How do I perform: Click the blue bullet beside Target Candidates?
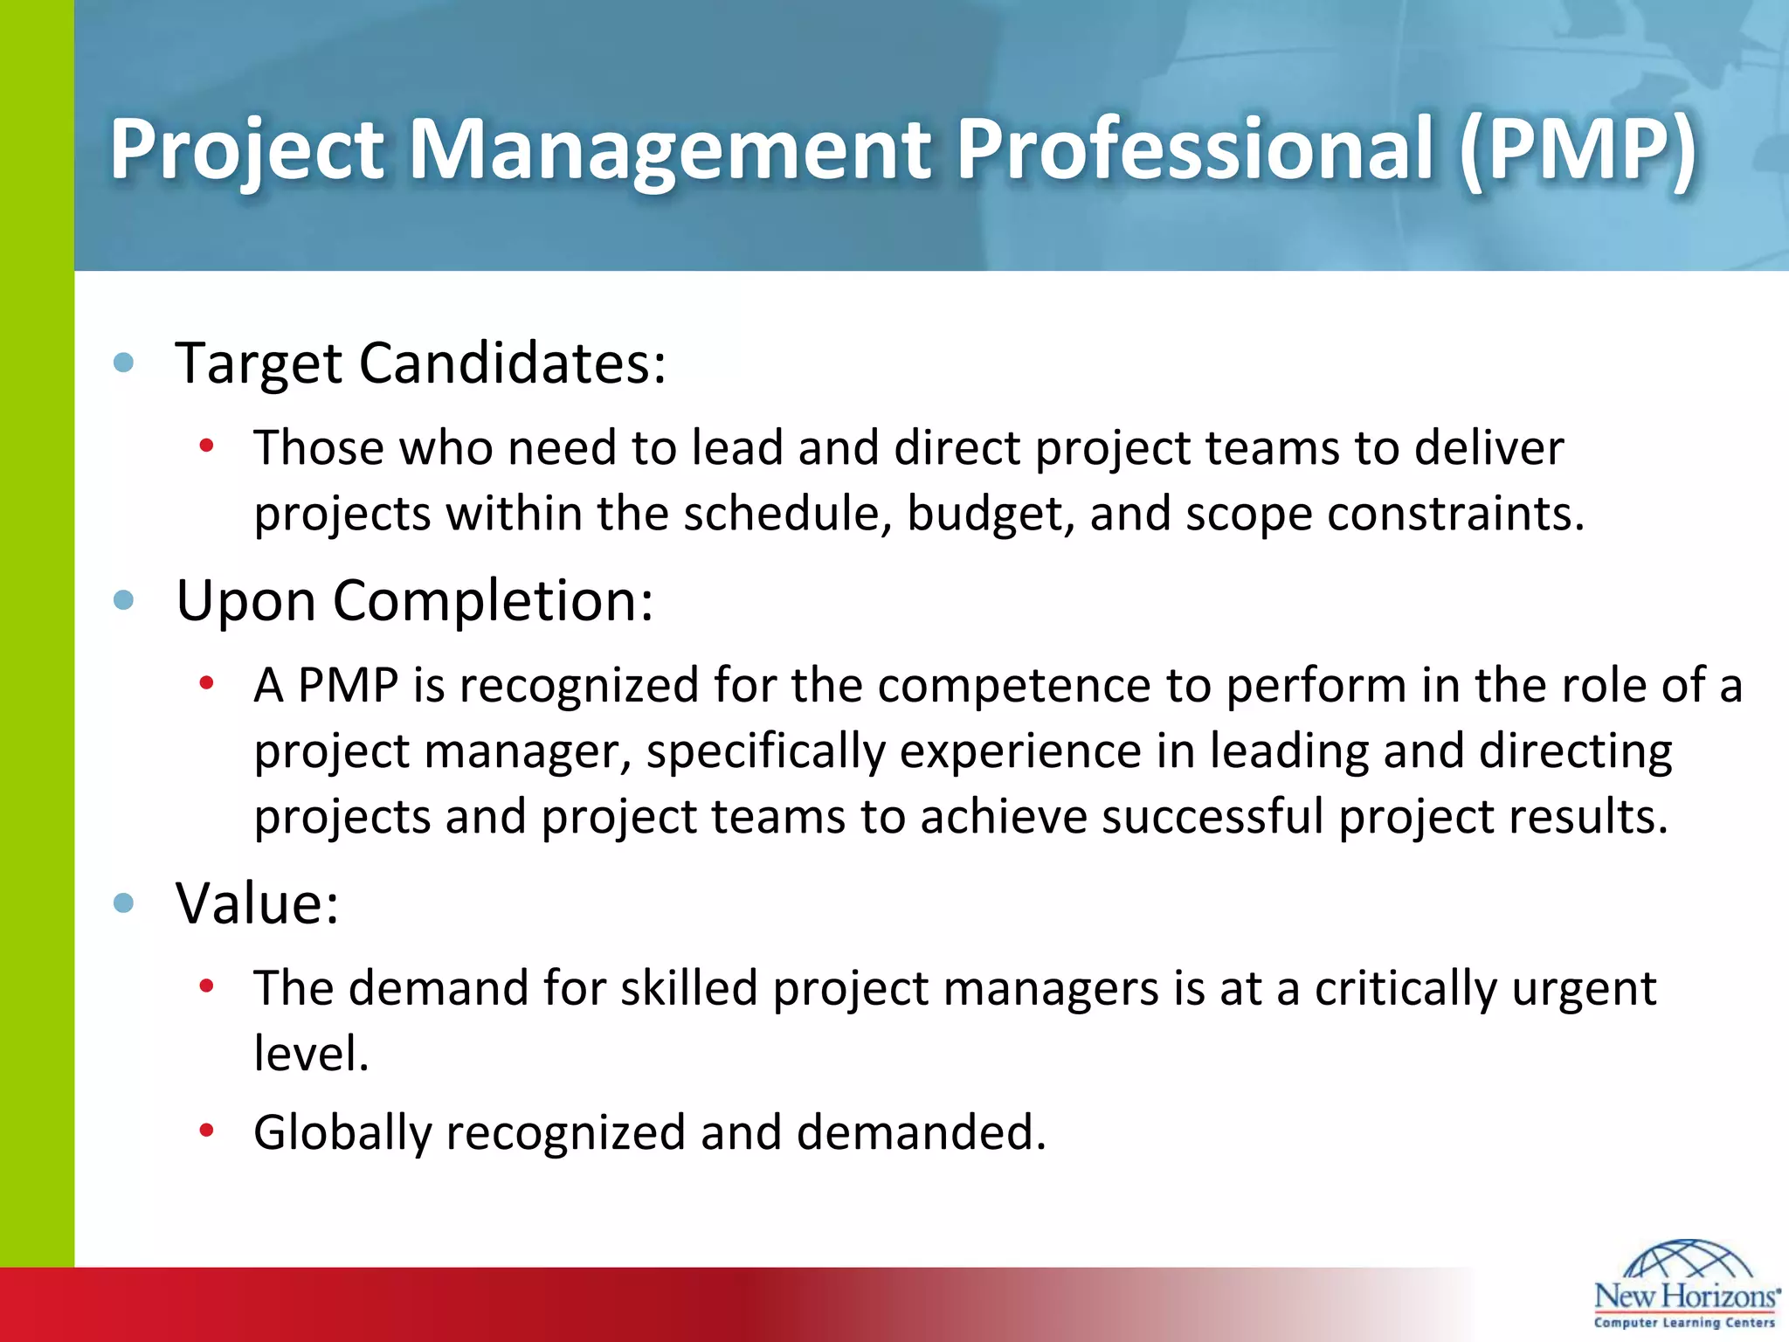(124, 363)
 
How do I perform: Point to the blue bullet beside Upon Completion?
(124, 600)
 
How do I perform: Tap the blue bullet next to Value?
(124, 903)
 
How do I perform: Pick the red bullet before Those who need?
(207, 446)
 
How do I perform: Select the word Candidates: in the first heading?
(513, 363)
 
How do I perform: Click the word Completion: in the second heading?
(493, 601)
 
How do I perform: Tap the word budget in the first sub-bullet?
(989, 514)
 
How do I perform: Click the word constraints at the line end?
(1455, 514)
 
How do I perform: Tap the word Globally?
(342, 1133)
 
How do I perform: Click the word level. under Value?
(312, 1053)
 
